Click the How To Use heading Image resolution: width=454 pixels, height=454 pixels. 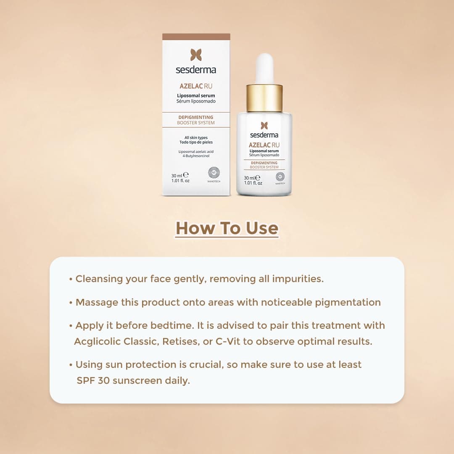(227, 228)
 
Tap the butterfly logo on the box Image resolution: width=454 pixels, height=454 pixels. (196, 55)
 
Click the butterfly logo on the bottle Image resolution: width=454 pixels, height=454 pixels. (264, 125)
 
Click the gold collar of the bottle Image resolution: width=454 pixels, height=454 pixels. (264, 98)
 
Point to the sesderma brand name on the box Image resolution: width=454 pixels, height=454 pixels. (196, 70)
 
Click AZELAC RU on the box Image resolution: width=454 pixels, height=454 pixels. (196, 86)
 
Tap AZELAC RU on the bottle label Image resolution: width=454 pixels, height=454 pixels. (264, 145)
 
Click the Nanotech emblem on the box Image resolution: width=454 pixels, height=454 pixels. (214, 173)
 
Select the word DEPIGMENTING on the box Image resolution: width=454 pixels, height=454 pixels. (196, 117)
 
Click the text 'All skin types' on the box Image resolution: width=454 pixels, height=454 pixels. (196, 137)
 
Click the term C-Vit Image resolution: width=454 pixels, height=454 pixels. (228, 342)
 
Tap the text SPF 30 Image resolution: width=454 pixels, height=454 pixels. (93, 380)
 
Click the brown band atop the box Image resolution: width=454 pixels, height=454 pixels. (196, 37)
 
